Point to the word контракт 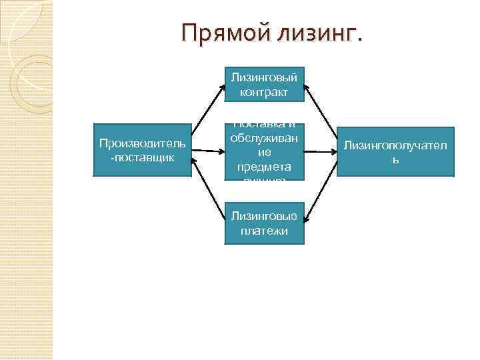(x=264, y=92)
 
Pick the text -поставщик (x=142, y=157)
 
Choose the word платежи (x=264, y=231)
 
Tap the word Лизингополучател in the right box (x=395, y=144)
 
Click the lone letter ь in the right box (x=395, y=160)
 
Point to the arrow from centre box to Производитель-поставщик (x=208, y=152)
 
